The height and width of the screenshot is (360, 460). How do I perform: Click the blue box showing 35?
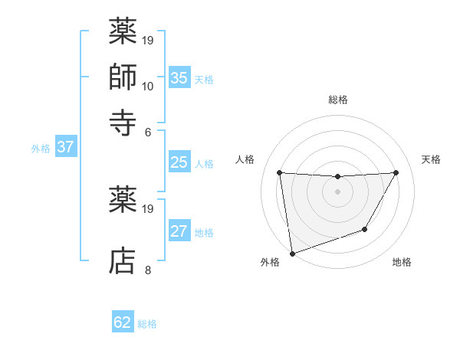pyautogui.click(x=179, y=78)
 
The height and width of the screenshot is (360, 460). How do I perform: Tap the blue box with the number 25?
pyautogui.click(x=179, y=162)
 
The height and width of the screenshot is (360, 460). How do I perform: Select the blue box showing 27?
pyautogui.click(x=179, y=232)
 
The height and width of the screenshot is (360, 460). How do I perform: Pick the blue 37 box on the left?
pyautogui.click(x=65, y=148)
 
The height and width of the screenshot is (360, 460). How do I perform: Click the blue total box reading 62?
pyautogui.click(x=123, y=322)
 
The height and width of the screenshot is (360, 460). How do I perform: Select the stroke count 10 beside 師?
pyautogui.click(x=148, y=86)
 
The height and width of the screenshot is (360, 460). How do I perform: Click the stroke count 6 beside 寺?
pyautogui.click(x=148, y=131)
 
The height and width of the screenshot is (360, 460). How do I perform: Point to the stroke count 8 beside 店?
pyautogui.click(x=147, y=270)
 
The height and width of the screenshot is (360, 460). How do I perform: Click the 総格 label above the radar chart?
pyautogui.click(x=338, y=100)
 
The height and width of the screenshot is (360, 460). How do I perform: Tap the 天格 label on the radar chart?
pyautogui.click(x=432, y=159)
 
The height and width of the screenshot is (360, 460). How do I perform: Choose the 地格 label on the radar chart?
pyautogui.click(x=402, y=263)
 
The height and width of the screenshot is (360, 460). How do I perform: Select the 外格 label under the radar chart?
pyautogui.click(x=270, y=263)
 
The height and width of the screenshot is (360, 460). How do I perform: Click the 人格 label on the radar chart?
pyautogui.click(x=245, y=159)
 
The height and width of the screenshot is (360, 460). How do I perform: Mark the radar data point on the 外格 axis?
pyautogui.click(x=291, y=253)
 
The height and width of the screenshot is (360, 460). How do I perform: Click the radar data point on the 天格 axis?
pyautogui.click(x=396, y=172)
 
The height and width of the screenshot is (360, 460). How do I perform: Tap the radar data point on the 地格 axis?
pyautogui.click(x=365, y=229)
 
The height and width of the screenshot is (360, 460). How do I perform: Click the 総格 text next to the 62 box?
pyautogui.click(x=147, y=324)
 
